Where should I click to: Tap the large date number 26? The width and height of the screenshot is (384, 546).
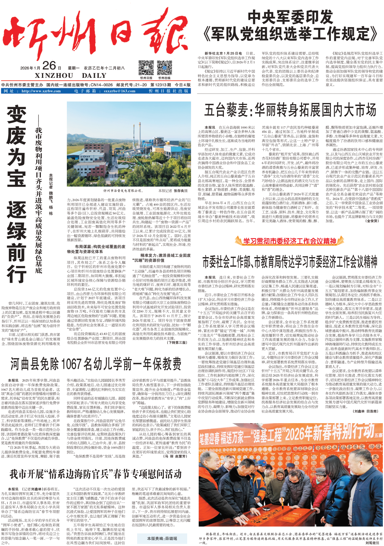49,66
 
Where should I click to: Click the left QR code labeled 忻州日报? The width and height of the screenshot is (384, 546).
146,68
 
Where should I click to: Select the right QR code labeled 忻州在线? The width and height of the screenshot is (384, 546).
164,68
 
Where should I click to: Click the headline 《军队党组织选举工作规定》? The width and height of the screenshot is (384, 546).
290,34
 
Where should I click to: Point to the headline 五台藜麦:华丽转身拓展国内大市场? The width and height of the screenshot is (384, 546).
290,110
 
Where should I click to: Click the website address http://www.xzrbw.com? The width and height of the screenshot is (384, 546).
41,91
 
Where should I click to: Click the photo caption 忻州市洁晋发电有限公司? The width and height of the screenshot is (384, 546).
122,191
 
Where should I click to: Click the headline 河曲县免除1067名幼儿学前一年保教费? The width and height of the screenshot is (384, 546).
96,364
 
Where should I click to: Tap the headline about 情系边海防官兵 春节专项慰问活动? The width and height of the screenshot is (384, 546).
96,474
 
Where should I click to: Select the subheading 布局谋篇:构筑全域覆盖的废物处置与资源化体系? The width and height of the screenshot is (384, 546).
96,249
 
